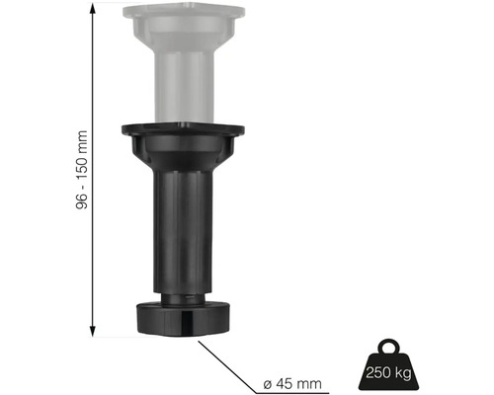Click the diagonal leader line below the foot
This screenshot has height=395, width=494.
[x=227, y=359]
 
